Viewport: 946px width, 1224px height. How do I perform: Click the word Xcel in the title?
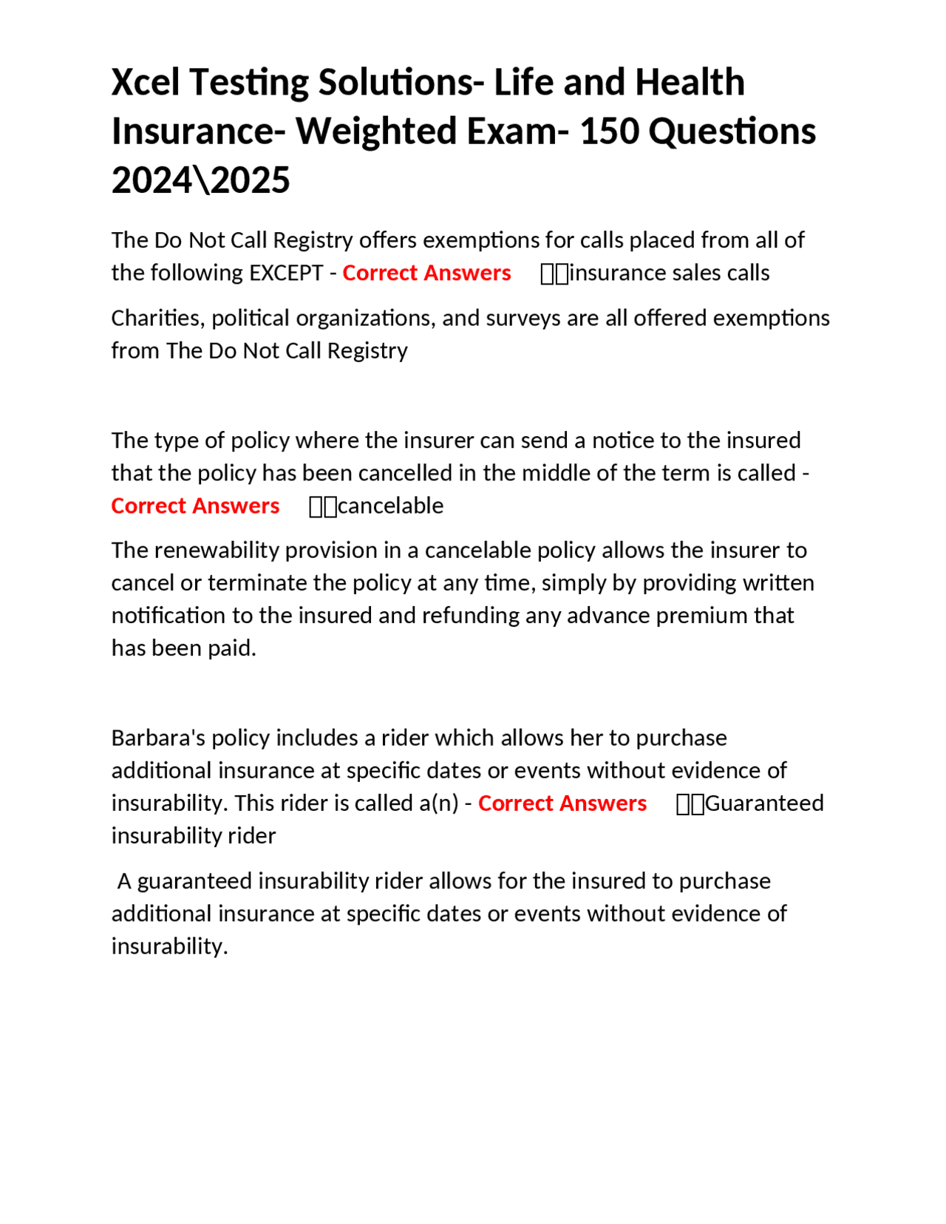pos(146,82)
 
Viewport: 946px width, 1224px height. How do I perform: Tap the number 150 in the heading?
pos(605,132)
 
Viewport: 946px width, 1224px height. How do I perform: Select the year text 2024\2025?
pos(200,180)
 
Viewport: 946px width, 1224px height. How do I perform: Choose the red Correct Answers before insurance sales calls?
pos(426,273)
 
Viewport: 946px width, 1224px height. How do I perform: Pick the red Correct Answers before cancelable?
pos(195,506)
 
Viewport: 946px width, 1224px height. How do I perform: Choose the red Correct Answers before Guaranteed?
pos(562,803)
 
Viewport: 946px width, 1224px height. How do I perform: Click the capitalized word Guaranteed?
pos(764,803)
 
